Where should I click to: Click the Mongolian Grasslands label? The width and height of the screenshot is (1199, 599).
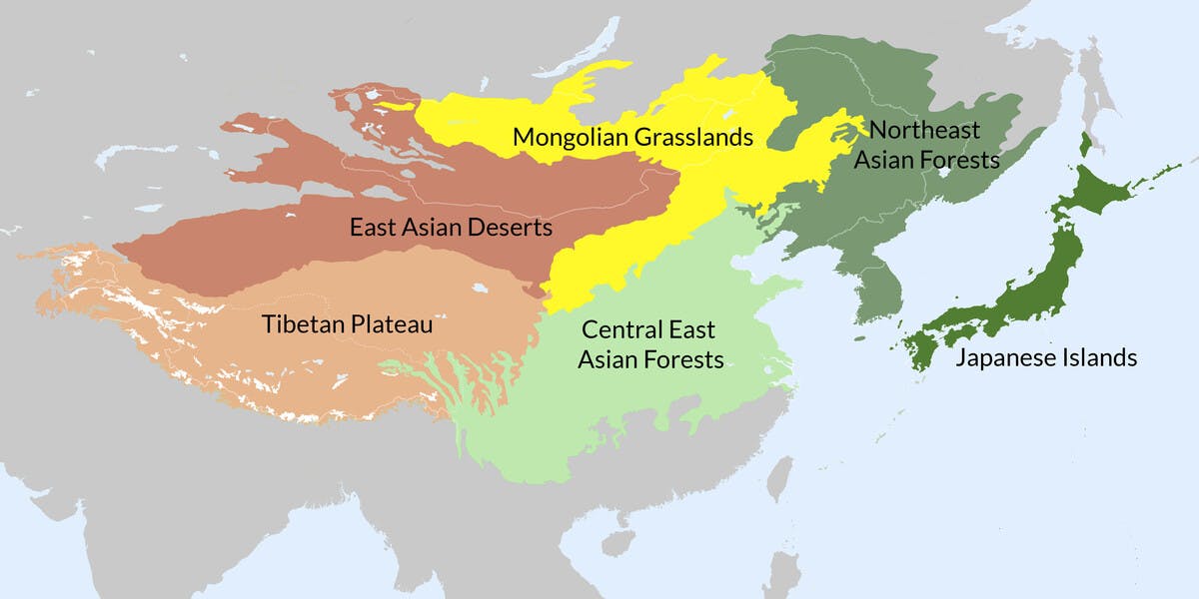[631, 137]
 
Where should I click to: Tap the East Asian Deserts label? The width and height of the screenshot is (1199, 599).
[451, 228]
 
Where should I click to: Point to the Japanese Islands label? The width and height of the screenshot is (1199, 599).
[1045, 357]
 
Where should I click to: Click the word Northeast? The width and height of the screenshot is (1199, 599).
[923, 130]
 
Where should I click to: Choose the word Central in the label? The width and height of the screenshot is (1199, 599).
[619, 329]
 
